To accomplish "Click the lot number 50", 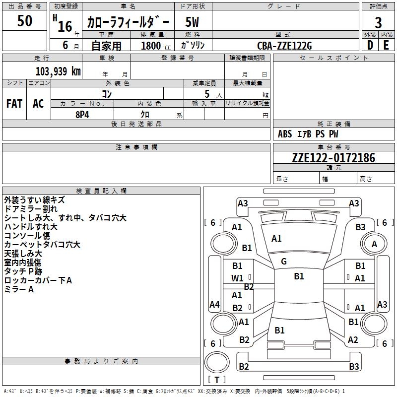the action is pos(24,20).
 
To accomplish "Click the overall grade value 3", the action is pos(378,22).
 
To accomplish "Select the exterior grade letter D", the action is pos(370,45).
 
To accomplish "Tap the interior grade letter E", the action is pos(386,45).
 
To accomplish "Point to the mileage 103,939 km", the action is pos(58,71).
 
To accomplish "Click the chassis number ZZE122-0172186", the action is pos(333,158).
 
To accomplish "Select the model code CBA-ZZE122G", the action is pos(284,46).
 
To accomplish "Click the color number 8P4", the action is pos(82,115).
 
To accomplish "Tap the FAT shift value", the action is pos(14,104).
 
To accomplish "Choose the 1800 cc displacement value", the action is pos(156,46).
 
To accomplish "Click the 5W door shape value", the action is pos(192,22).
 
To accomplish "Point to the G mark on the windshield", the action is pos(284,262).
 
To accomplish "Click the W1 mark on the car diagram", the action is pos(237,278).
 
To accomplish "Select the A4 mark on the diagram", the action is pos(214,304).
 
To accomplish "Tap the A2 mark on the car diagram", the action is pos(353,339).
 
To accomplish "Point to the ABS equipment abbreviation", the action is pos(285,134).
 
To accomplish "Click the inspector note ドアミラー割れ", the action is pos(31,209).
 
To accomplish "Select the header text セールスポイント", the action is pos(333,58).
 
